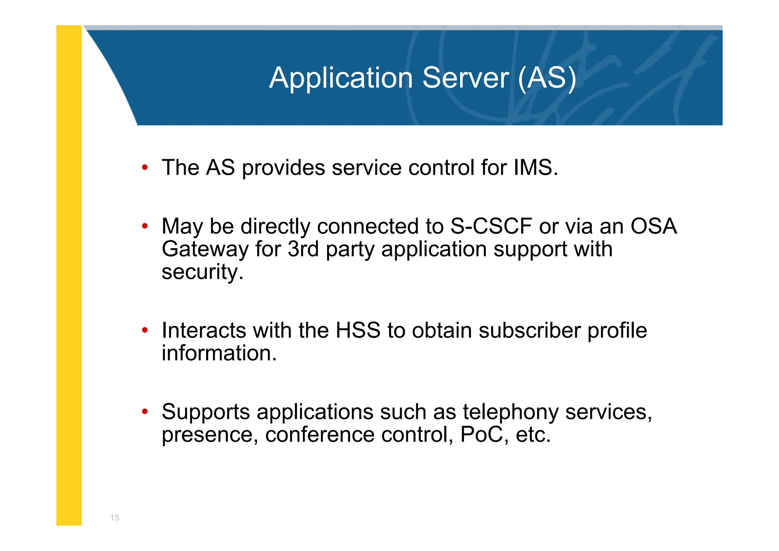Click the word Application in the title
pyautogui.click(x=341, y=78)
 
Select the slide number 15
pyautogui.click(x=115, y=517)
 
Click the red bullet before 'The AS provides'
pyautogui.click(x=145, y=167)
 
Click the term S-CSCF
pyautogui.click(x=491, y=226)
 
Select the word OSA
pyautogui.click(x=653, y=226)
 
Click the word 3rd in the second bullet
pyautogui.click(x=303, y=249)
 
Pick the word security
pyautogui.click(x=202, y=272)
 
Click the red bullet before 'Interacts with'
pyautogui.click(x=145, y=330)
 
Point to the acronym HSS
pyautogui.click(x=358, y=330)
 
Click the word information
pyautogui.click(x=219, y=353)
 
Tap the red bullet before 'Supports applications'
pyautogui.click(x=145, y=411)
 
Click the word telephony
pyautogui.click(x=510, y=412)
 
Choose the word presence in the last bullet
pyautogui.click(x=210, y=435)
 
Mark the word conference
pyautogui.click(x=320, y=434)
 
